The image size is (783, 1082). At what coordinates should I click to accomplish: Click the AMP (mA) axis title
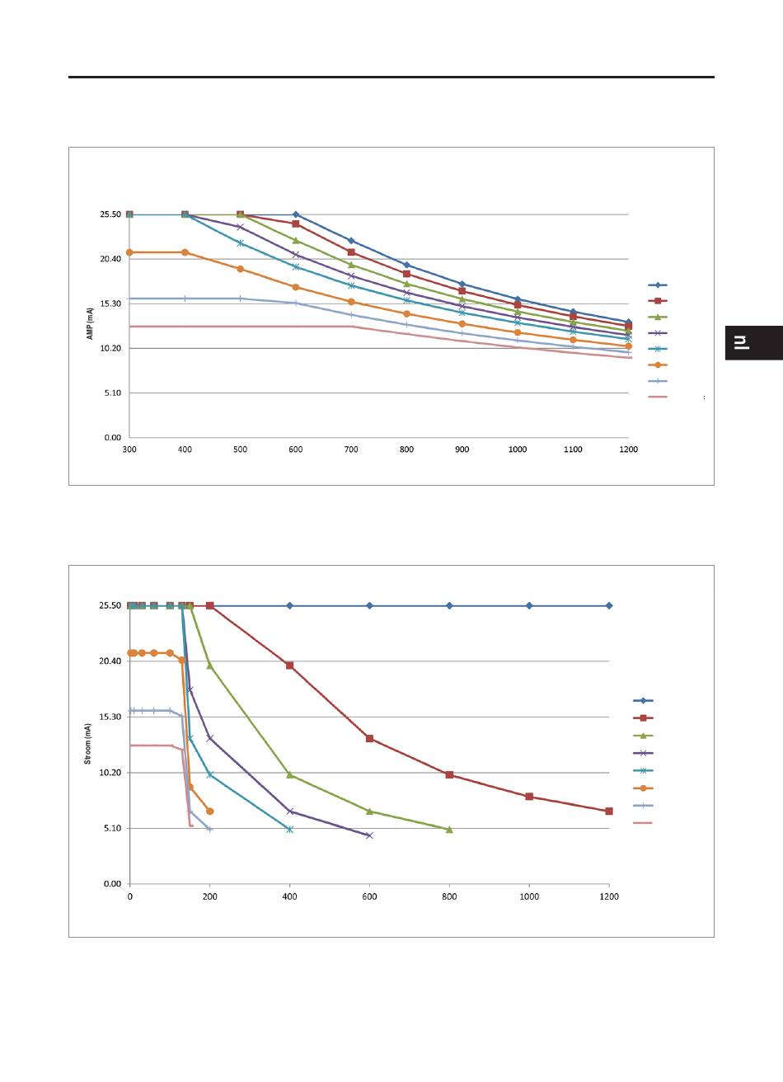90,325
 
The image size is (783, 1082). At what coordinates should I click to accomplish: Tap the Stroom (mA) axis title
88,744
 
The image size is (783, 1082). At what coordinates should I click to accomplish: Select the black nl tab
753,343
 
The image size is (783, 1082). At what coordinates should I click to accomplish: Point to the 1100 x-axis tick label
572,449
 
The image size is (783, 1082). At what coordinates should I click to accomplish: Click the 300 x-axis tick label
129,449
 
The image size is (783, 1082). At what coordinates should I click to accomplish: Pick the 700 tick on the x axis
351,449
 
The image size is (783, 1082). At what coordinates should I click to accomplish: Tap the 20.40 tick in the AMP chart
110,259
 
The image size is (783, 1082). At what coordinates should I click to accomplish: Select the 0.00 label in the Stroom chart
111,883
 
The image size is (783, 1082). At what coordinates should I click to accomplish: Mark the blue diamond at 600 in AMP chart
296,214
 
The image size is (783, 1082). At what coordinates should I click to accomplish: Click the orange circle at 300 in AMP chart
129,252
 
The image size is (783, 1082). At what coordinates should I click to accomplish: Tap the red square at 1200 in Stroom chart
608,811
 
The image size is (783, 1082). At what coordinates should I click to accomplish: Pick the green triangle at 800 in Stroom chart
449,830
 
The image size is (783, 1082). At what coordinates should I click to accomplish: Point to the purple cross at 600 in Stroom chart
369,835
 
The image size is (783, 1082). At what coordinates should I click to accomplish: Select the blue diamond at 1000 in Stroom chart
529,605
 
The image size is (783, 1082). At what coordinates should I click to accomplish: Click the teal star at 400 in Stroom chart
289,829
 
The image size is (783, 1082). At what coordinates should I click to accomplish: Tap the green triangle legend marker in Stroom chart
643,736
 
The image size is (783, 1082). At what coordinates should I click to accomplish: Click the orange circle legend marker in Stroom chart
643,788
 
